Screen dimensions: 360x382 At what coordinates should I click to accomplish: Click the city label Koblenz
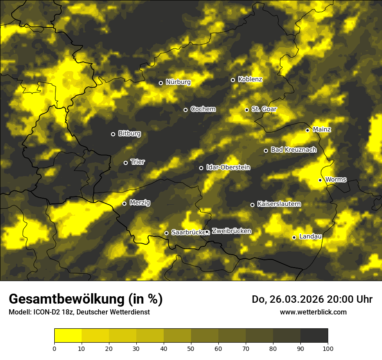coord(250,79)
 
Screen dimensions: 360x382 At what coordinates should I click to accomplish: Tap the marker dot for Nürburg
coord(161,83)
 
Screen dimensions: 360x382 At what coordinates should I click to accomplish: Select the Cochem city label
coord(203,109)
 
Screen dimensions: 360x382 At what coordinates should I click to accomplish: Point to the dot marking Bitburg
coord(113,134)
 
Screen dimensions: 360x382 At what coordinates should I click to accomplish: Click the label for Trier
coord(138,162)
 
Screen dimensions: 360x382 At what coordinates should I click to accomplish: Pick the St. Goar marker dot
coord(247,110)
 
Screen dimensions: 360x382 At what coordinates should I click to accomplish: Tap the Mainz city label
coord(322,130)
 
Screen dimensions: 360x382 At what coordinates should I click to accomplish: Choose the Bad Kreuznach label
coord(293,150)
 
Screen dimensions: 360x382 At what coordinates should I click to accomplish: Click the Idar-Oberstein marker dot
coord(201,168)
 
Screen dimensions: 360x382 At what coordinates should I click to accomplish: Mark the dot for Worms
coord(320,180)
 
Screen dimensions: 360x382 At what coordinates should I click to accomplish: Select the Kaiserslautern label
coord(279,204)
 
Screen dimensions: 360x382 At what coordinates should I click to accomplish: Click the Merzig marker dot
coord(124,203)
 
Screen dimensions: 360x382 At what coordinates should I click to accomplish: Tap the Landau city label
coord(310,237)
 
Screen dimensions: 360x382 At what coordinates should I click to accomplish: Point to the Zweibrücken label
coord(231,231)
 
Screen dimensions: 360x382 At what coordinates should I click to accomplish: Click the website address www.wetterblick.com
coord(313,312)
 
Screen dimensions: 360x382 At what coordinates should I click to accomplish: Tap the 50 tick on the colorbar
coord(191,348)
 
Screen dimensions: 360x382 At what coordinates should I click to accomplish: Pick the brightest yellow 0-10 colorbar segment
coord(68,335)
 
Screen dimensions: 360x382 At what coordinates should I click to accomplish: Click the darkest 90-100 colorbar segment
coord(314,335)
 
